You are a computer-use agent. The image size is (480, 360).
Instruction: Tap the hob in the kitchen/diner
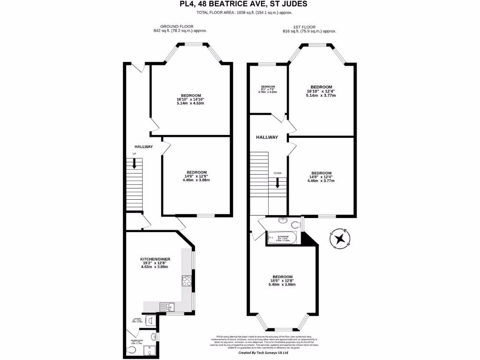(x=186, y=281)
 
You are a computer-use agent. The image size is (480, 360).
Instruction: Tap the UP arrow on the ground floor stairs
(x=135, y=164)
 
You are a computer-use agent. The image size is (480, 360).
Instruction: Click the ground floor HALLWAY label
(x=144, y=147)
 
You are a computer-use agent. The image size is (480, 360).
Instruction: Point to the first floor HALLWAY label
(x=267, y=137)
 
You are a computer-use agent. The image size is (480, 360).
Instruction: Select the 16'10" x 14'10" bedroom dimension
(x=190, y=99)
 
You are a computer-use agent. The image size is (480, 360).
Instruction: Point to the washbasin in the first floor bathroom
(x=283, y=220)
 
